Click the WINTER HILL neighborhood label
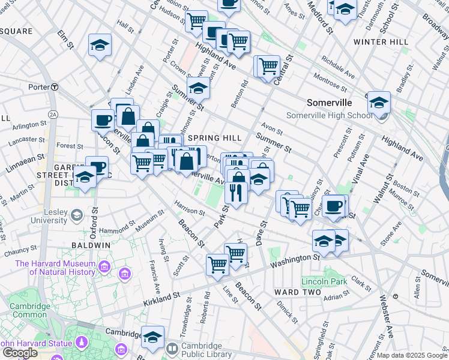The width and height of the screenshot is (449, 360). point(381,42)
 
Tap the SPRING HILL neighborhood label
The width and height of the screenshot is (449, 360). point(206,138)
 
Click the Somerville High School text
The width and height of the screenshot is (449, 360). point(329,115)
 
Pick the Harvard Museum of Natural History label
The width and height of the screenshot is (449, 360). point(55,268)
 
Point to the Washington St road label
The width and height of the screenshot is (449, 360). point(295,260)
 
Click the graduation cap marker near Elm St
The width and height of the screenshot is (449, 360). point(100,45)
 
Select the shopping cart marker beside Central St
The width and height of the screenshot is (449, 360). point(269,65)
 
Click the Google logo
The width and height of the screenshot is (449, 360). point(20,353)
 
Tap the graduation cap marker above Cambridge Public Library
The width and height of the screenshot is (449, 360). point(153,336)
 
